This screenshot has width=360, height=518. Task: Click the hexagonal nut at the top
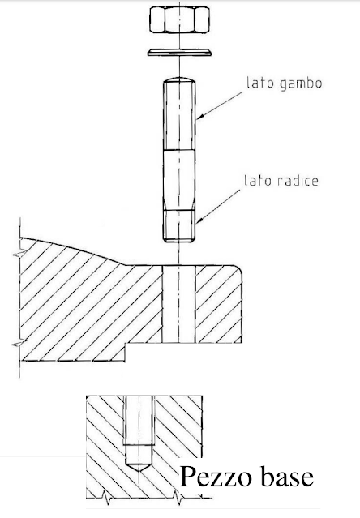point(179,19)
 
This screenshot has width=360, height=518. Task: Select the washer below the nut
point(179,52)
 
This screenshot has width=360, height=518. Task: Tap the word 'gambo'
point(301,83)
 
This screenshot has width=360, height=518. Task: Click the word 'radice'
point(296,181)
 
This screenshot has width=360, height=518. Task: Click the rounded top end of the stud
point(179,80)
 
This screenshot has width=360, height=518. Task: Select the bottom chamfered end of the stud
point(178,239)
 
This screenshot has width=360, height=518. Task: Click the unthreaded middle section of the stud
point(179,180)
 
